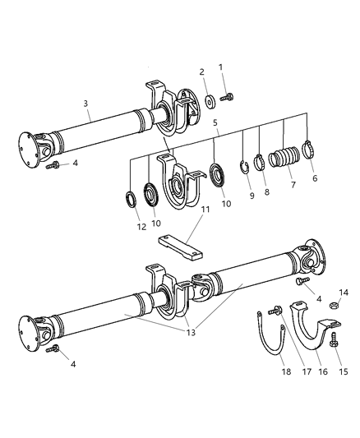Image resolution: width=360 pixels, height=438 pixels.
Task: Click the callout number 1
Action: pos(219,67)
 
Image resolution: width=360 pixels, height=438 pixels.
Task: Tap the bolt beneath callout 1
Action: pos(225,97)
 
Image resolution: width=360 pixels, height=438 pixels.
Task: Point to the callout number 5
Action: pos(215,125)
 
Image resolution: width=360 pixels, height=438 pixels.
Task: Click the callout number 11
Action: pos(205,210)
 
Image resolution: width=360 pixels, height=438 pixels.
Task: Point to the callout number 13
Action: pos(192,333)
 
